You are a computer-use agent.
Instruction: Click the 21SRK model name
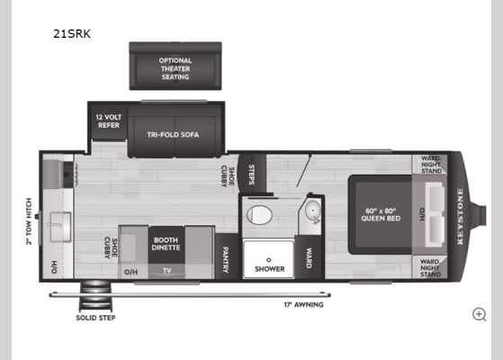point(71,34)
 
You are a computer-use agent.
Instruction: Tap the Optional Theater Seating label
point(175,68)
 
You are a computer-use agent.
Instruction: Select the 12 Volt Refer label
point(108,121)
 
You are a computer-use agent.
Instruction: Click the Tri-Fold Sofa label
point(173,135)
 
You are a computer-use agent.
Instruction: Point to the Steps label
point(251,173)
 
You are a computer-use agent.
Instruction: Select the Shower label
point(269,268)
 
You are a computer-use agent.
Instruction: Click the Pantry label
point(226,256)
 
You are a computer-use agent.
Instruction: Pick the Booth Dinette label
point(165,242)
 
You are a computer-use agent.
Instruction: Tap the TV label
point(166,270)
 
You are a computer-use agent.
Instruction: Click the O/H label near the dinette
point(131,270)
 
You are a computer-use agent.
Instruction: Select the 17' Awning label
point(303,304)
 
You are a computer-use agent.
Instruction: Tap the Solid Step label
point(95,317)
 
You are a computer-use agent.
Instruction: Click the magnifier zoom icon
point(479,314)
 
